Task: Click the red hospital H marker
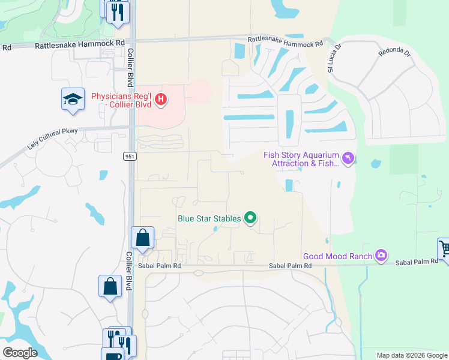(x=160, y=100)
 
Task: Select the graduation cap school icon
(x=73, y=100)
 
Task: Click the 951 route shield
(x=130, y=156)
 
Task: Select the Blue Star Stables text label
(x=209, y=218)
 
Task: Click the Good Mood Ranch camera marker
(x=381, y=256)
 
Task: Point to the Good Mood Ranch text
(x=338, y=256)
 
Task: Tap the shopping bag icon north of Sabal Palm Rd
(x=143, y=238)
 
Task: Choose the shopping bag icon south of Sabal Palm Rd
(x=111, y=286)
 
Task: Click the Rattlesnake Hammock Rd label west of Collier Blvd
(x=79, y=44)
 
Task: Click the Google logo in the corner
(x=20, y=352)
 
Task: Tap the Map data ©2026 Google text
(x=412, y=355)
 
